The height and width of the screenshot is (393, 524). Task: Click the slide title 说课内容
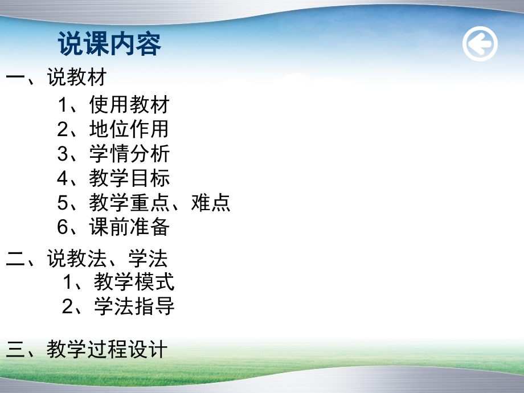point(110,44)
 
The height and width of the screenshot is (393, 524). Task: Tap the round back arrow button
point(480,44)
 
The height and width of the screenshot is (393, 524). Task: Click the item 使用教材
point(129,105)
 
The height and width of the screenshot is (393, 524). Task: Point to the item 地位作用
point(129,129)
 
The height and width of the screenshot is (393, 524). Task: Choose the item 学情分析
point(129,154)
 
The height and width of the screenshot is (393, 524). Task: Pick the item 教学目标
point(129,178)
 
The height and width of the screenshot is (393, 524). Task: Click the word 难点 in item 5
point(211,203)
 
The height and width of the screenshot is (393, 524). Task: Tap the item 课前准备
point(129,227)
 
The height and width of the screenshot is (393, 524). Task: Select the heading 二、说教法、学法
point(87,259)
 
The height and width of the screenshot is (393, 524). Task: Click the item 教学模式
point(134,282)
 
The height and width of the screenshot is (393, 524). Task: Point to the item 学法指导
point(134,306)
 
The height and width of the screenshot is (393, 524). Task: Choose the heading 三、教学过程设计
point(87,349)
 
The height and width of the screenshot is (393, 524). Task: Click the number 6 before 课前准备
point(63,227)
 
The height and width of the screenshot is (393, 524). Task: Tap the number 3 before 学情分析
point(63,154)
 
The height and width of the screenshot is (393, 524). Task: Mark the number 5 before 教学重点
point(63,203)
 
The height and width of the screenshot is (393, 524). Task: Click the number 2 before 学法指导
point(68,306)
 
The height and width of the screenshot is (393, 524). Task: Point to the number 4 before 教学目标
point(63,178)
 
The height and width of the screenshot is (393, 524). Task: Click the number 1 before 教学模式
point(69,282)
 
